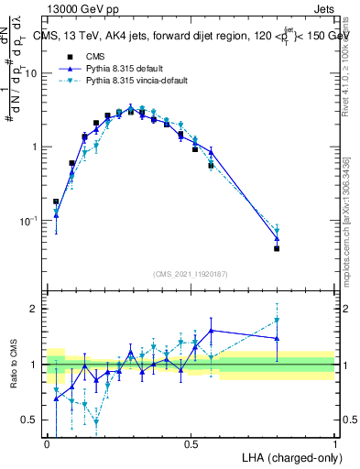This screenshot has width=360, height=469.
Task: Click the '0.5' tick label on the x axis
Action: point(191,443)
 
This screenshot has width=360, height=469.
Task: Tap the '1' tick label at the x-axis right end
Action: point(334,443)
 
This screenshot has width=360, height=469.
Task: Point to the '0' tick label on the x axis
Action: point(48,443)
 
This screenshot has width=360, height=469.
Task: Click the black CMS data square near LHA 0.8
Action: point(277,248)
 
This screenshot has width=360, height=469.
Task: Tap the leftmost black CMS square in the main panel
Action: point(56,202)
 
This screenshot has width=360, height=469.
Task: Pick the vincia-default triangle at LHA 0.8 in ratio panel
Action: point(277,321)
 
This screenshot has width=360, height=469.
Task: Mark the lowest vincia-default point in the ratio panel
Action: point(96,421)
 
